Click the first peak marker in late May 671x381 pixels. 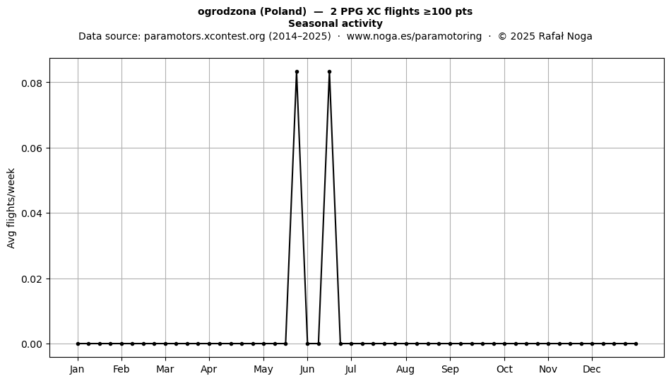[297, 72]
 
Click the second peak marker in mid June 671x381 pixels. [330, 72]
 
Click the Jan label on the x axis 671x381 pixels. [78, 370]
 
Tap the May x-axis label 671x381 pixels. [263, 370]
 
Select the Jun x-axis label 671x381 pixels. [307, 370]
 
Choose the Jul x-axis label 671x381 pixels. [351, 370]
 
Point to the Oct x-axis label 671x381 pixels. [504, 370]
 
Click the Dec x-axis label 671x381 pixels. [593, 370]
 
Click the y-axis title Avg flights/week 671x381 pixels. [11, 208]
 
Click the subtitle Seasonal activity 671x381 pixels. [335, 23]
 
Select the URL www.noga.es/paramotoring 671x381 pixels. [414, 36]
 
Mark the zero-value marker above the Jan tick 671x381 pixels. [78, 344]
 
